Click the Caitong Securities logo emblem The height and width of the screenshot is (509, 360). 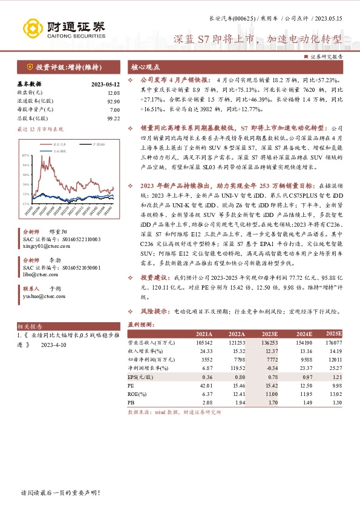point(34,28)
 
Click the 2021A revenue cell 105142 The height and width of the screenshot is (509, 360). point(203,342)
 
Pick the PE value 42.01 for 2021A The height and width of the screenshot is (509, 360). point(207,384)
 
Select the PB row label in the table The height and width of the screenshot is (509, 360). point(131,401)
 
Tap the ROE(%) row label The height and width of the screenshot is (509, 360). point(137,393)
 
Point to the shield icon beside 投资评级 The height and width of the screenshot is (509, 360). point(28,67)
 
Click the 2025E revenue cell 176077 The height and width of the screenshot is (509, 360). point(333,342)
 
